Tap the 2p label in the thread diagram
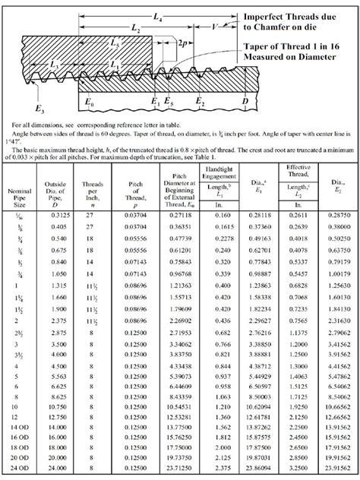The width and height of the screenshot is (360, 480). pyautogui.click(x=184, y=43)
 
